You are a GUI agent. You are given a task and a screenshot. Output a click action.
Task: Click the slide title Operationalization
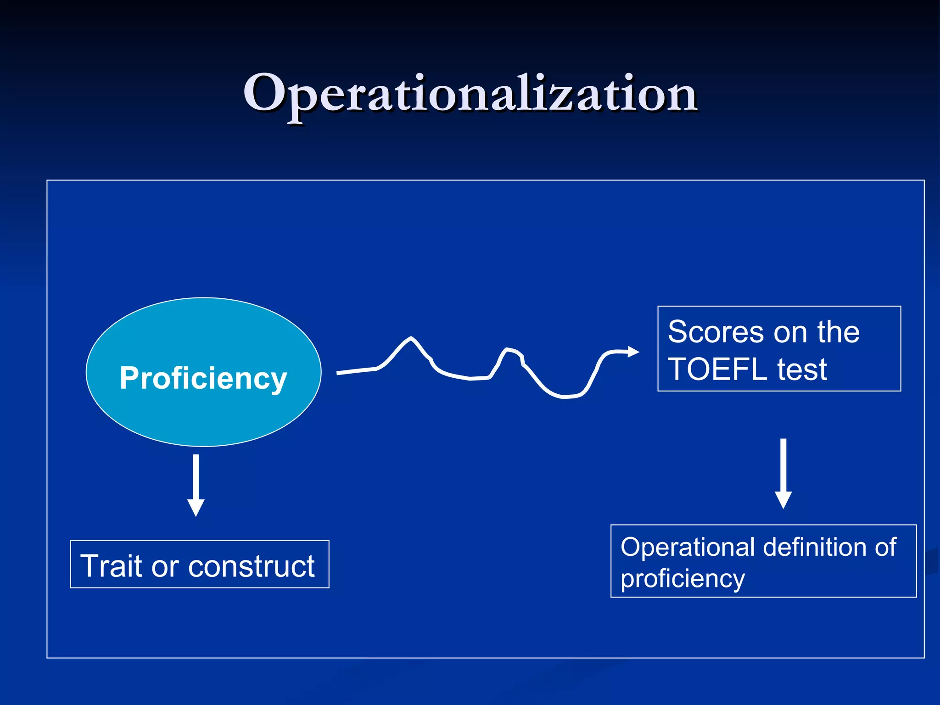click(x=470, y=94)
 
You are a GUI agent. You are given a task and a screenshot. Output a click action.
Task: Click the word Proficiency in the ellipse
click(x=203, y=378)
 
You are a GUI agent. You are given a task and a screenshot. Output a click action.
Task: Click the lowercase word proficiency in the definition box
click(x=683, y=579)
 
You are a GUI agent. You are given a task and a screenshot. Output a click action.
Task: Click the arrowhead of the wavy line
click(x=633, y=352)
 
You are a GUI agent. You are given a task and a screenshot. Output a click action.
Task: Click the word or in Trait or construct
click(x=165, y=566)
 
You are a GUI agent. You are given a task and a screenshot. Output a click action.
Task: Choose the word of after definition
click(x=885, y=547)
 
